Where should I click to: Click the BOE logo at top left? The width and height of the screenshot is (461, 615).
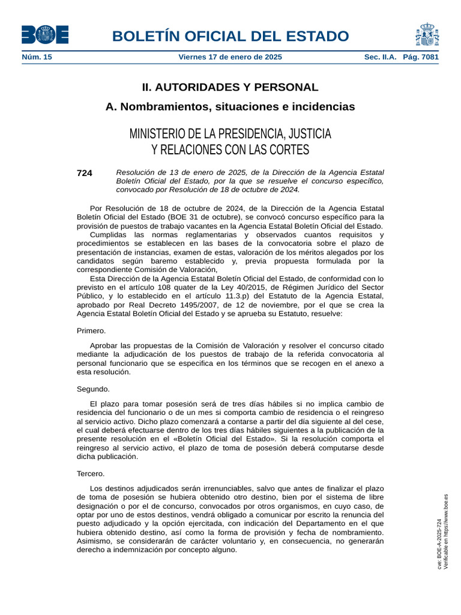pyautogui.click(x=45, y=35)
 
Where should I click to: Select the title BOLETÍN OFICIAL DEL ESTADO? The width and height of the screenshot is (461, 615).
pyautogui.click(x=230, y=36)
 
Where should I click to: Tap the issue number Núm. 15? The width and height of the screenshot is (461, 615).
pyautogui.click(x=37, y=58)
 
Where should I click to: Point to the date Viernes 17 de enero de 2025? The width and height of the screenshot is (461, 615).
pyautogui.click(x=230, y=58)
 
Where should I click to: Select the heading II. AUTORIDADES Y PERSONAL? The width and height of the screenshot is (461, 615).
pyautogui.click(x=230, y=87)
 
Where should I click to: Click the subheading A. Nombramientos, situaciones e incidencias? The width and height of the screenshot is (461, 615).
pyautogui.click(x=230, y=107)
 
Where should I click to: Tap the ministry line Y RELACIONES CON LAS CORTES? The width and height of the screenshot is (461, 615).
pyautogui.click(x=230, y=150)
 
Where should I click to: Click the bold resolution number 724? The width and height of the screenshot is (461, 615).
pyautogui.click(x=84, y=173)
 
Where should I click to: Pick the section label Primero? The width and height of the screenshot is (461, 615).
pyautogui.click(x=91, y=331)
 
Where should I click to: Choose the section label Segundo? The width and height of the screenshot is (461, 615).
pyautogui.click(x=93, y=389)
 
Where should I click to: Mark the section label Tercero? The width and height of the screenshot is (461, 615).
pyautogui.click(x=91, y=474)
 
